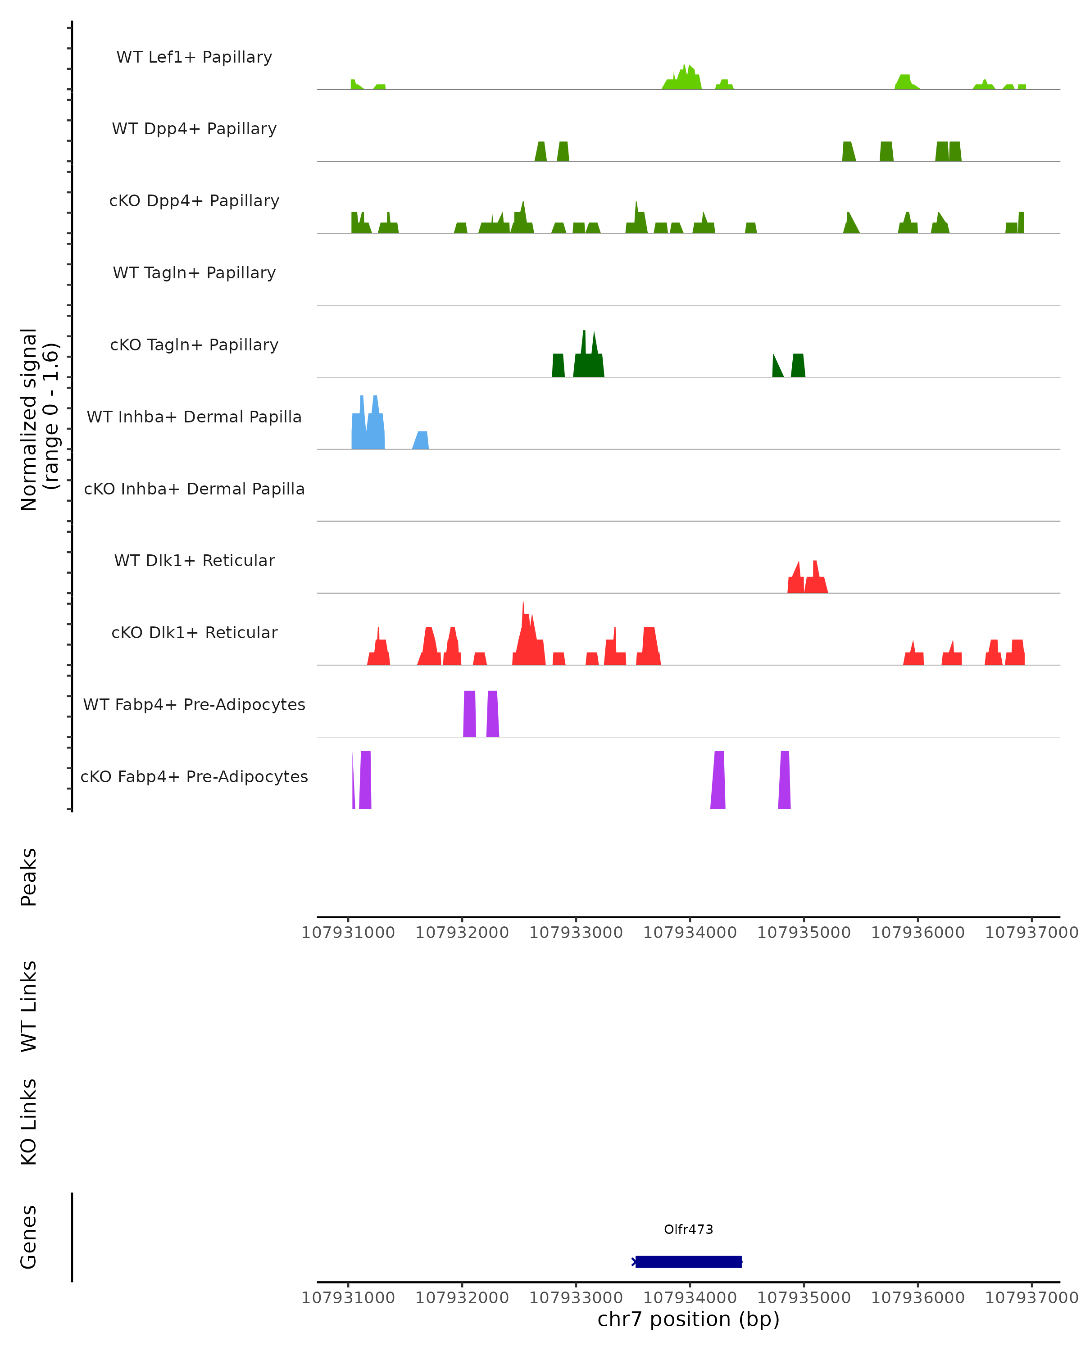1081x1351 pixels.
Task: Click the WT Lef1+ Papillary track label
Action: click(x=194, y=57)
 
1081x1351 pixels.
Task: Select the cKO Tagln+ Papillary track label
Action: click(x=194, y=345)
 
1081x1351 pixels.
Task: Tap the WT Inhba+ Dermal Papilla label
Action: click(x=194, y=417)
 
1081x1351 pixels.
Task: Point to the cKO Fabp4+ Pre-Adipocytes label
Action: click(x=194, y=776)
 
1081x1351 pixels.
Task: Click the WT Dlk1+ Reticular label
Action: click(x=194, y=560)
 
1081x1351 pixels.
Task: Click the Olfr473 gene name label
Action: click(x=688, y=1229)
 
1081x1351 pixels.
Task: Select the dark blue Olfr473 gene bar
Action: click(x=688, y=1261)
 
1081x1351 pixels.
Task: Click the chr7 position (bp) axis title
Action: click(x=688, y=1319)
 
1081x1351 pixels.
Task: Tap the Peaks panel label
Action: click(x=29, y=877)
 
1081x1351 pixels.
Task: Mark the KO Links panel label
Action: click(x=29, y=1122)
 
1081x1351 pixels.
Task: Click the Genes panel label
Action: click(x=29, y=1237)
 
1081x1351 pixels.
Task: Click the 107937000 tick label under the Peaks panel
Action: click(x=1031, y=933)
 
